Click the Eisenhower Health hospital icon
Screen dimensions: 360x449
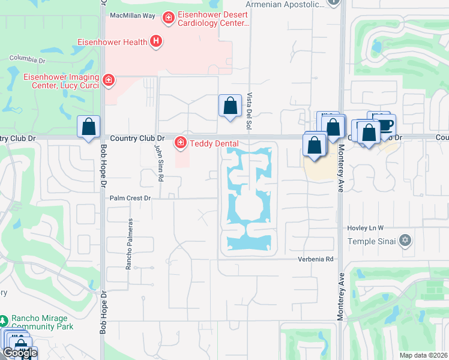click(x=156, y=41)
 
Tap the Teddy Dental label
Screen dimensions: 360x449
click(x=214, y=143)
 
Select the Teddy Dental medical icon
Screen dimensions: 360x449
click(x=179, y=142)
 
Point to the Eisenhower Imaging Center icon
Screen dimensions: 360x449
click(x=108, y=80)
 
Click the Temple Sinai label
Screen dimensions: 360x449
click(x=373, y=241)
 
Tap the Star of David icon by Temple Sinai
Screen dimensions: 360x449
click(x=405, y=241)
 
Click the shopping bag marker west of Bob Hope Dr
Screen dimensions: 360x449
click(x=89, y=127)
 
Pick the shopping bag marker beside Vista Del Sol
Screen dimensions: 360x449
click(x=230, y=106)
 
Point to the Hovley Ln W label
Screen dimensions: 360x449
click(x=365, y=229)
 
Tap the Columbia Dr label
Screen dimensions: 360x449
click(x=28, y=60)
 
